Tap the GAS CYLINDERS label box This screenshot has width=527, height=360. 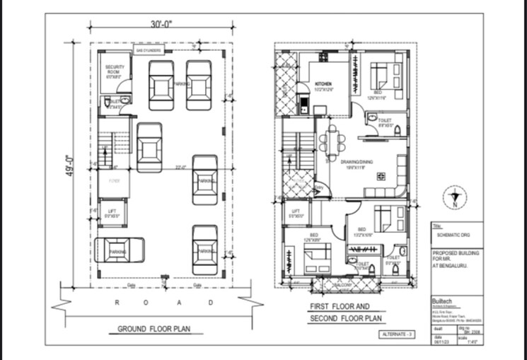(149, 51)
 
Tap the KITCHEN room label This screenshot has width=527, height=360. (323, 83)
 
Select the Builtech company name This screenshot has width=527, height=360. (444, 301)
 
